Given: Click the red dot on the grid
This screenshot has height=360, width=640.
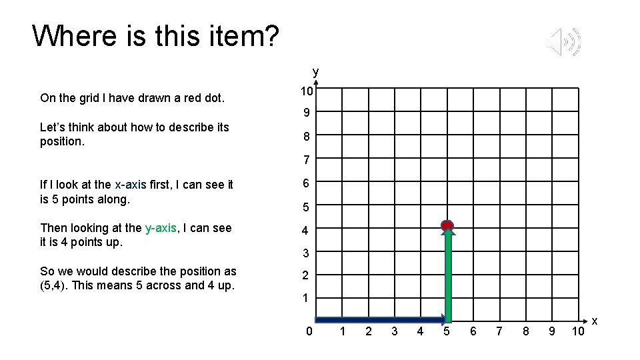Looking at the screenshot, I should coord(447,225).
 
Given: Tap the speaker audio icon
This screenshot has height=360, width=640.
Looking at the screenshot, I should coord(563,43).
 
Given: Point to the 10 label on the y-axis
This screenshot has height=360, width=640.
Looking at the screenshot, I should coord(305,91).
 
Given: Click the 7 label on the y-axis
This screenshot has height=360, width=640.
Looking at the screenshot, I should coord(305,160).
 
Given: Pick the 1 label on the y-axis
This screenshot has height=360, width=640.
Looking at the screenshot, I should coord(305,298).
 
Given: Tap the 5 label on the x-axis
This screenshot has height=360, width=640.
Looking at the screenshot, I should coord(446,331).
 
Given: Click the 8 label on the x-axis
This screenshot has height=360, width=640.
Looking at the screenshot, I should coord(525,331).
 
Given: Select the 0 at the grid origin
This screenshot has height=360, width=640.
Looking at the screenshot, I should coord(308,331).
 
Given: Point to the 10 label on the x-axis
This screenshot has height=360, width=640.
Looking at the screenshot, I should coord(578,331).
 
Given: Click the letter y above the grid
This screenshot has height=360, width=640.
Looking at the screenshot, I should coord(316,71).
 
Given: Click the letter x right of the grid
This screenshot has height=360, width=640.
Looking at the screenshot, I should coord(595,322).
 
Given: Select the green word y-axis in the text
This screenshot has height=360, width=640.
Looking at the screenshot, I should coord(161,228).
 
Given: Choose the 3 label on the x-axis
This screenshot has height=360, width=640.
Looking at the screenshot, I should coord(394,331).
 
